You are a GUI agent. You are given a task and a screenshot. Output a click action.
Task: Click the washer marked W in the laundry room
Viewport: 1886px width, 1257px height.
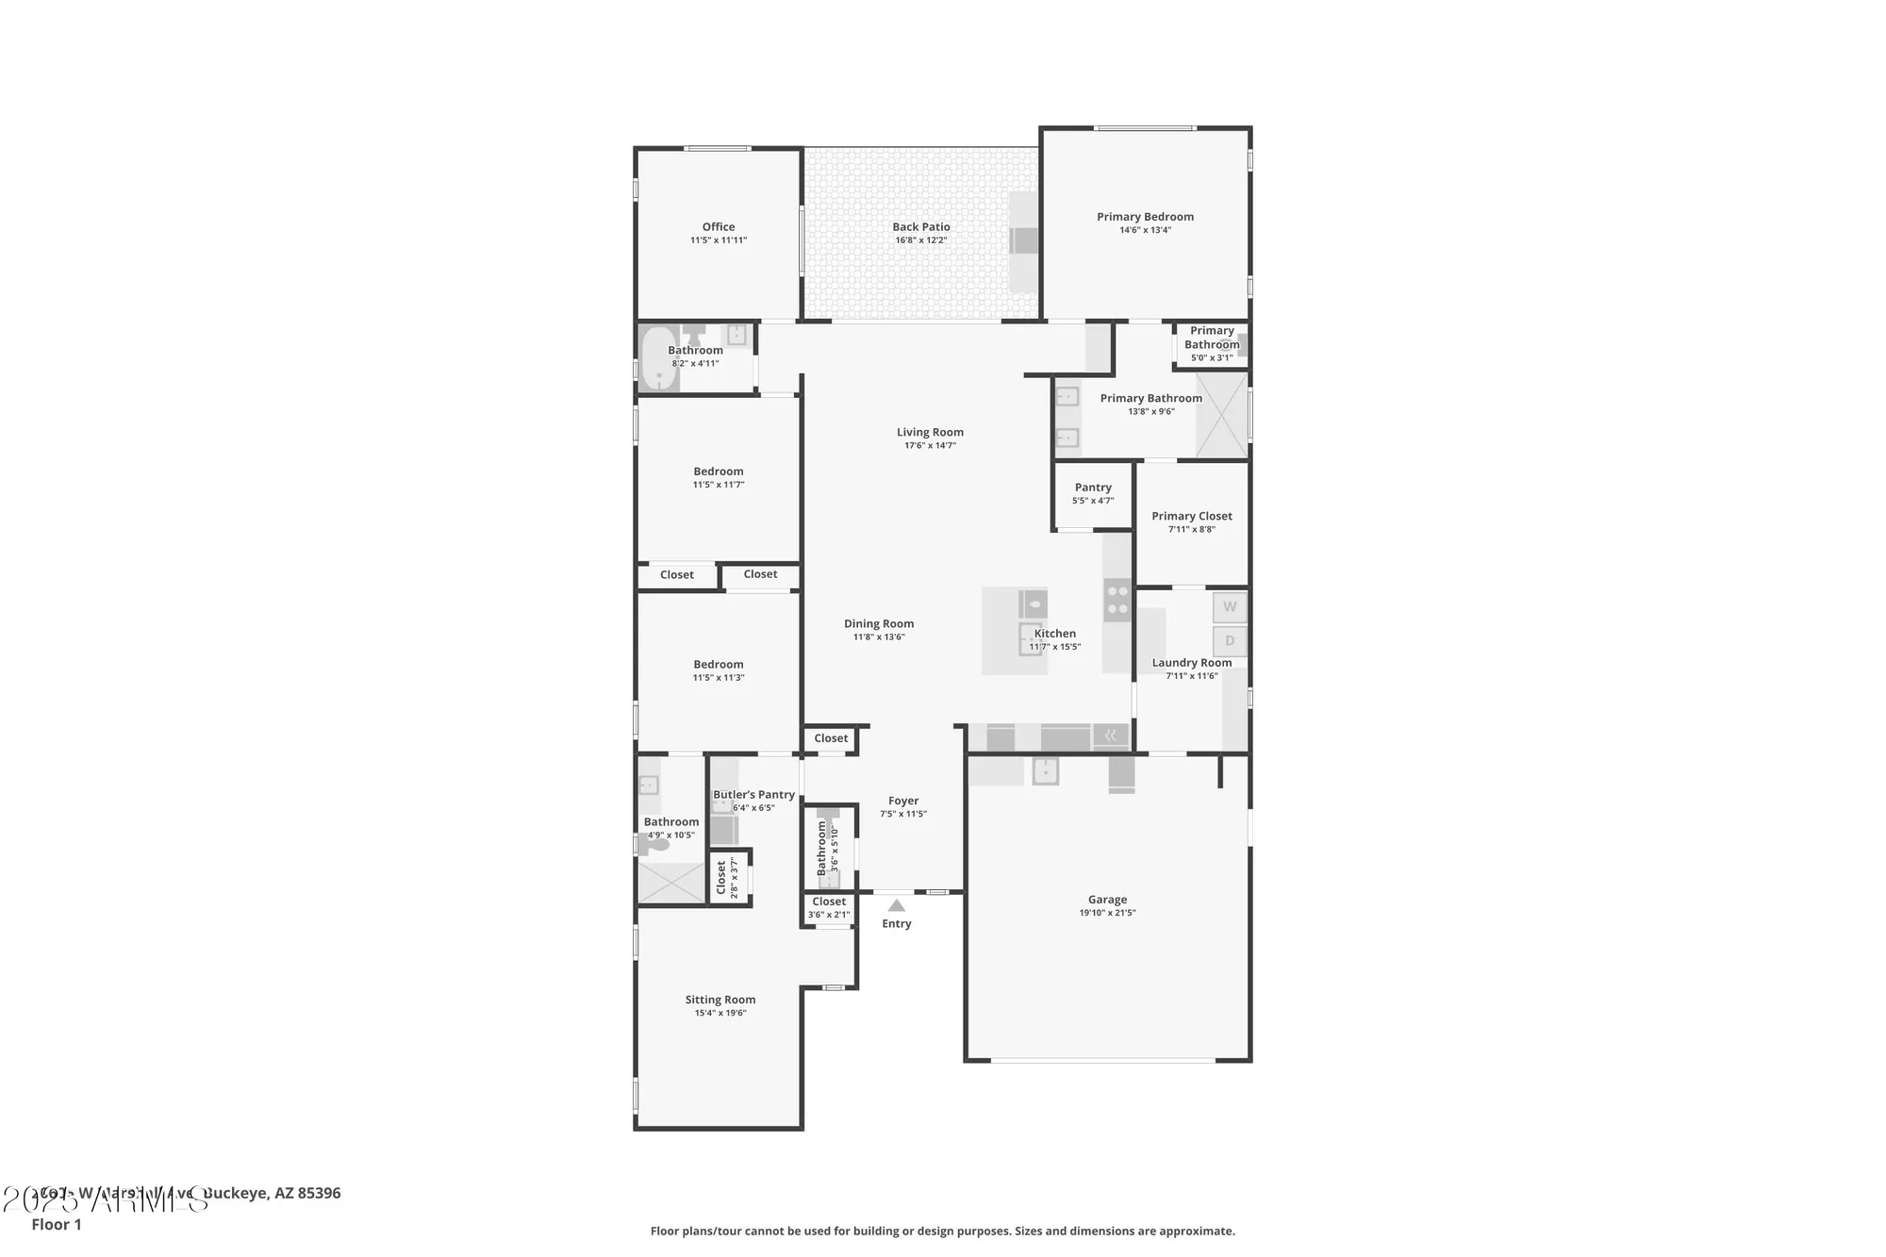(x=1230, y=607)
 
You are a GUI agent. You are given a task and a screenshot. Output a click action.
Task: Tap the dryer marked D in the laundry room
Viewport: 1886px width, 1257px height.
(x=1230, y=641)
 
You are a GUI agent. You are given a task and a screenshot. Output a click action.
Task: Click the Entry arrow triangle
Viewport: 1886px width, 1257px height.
(x=897, y=905)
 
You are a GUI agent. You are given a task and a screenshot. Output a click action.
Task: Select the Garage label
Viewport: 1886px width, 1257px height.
(x=1107, y=900)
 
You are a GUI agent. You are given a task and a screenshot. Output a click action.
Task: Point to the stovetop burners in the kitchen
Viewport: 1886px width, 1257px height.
(x=1117, y=600)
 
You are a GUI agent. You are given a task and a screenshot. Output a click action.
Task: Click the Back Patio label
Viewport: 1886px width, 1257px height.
(x=921, y=226)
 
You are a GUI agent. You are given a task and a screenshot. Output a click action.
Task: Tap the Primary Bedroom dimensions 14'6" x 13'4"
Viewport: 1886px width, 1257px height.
(x=1145, y=230)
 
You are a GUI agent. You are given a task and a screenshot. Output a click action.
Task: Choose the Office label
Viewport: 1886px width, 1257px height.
(x=719, y=226)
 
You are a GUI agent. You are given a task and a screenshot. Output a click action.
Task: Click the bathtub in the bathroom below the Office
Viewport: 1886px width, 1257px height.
(x=659, y=358)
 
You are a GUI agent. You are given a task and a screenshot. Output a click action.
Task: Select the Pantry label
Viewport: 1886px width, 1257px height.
(x=1093, y=488)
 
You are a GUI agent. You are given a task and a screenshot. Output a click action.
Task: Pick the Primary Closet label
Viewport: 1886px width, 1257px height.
(x=1192, y=516)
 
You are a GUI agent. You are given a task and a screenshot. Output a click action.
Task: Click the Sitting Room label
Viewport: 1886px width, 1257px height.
(x=720, y=1000)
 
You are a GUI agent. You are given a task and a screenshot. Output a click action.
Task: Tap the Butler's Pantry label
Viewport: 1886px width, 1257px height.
(x=753, y=794)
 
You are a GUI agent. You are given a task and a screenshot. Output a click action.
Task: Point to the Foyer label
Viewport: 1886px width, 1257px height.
(x=903, y=801)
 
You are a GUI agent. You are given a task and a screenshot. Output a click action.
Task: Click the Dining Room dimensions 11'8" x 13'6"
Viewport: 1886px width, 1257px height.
(x=879, y=637)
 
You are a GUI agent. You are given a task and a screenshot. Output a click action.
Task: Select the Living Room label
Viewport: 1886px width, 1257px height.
(x=930, y=432)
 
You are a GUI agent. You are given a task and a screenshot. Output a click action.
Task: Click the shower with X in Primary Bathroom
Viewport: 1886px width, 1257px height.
(x=1221, y=415)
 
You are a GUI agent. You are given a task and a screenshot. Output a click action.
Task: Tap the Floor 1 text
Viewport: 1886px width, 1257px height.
(x=57, y=1224)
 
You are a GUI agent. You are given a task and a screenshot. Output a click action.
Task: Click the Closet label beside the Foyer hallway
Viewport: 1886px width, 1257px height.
(x=831, y=738)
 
